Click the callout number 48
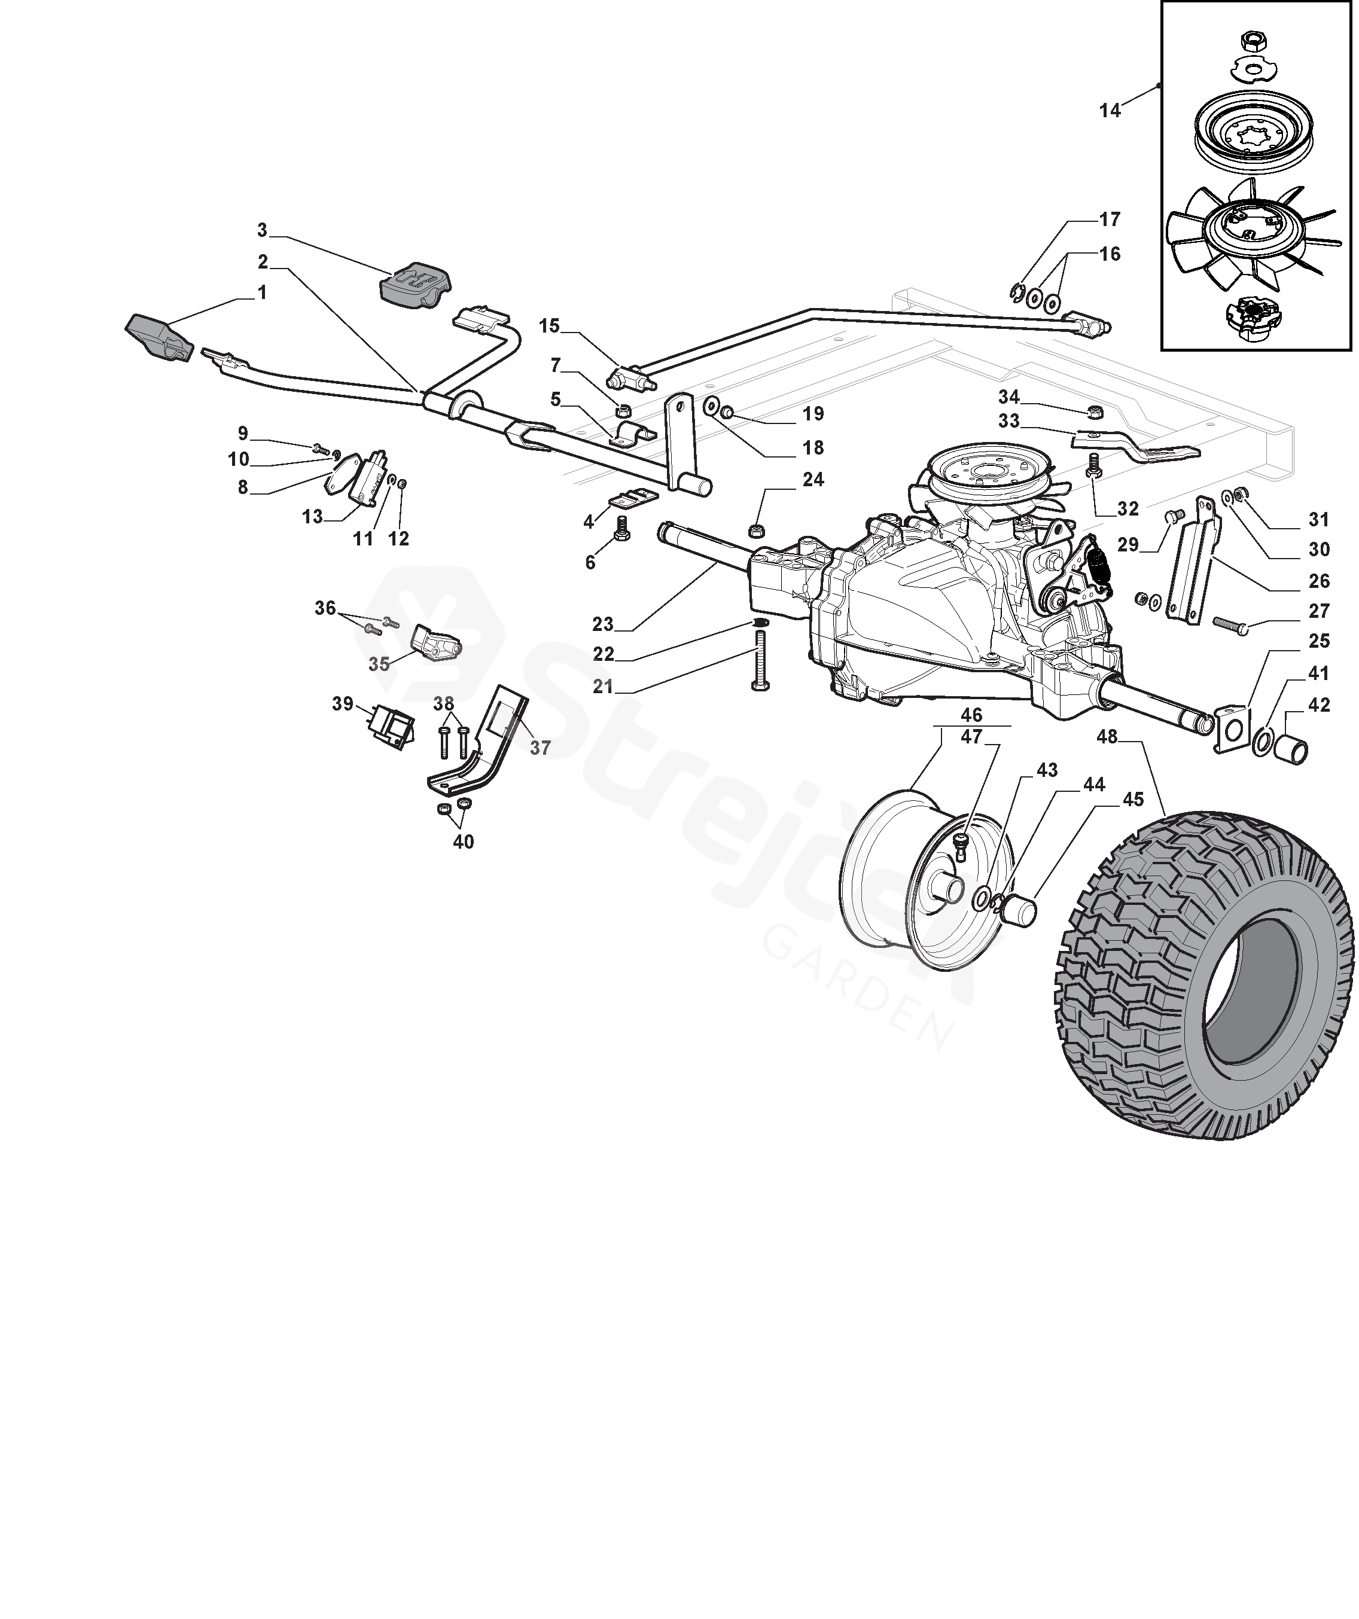pyautogui.click(x=1107, y=737)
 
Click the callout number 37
pyautogui.click(x=540, y=747)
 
